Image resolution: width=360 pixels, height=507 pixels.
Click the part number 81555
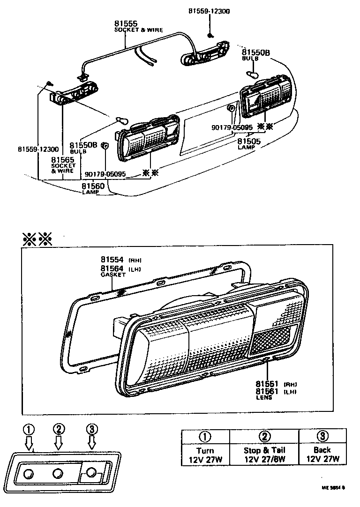[x=125, y=23]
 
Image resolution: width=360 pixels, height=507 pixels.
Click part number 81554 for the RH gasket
[x=112, y=260]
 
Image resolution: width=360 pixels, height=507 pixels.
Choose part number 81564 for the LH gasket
[x=112, y=268]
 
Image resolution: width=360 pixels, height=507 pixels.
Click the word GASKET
[x=113, y=275]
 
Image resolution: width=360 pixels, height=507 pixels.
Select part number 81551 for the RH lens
[x=267, y=383]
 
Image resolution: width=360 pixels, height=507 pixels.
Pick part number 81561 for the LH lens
[x=267, y=391]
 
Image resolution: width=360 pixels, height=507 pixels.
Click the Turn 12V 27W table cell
[x=205, y=455]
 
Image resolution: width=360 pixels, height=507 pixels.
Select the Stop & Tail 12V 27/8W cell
[x=264, y=455]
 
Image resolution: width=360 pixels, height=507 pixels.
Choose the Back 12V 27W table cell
[x=322, y=455]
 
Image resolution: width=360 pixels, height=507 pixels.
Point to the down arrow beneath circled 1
[x=29, y=442]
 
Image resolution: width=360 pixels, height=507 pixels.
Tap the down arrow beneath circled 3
[x=92, y=442]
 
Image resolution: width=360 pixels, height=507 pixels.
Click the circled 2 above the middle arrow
[x=59, y=429]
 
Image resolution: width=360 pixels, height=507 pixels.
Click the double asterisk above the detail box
[x=37, y=240]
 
